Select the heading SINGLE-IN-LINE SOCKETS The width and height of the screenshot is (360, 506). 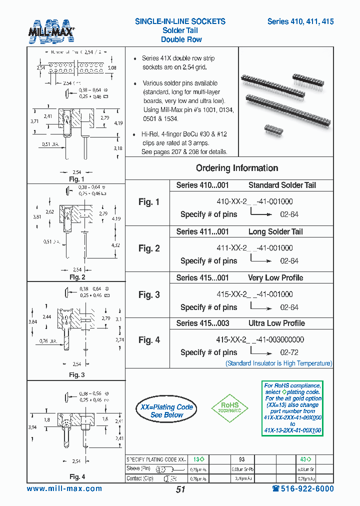180,21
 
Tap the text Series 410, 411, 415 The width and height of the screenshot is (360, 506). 300,21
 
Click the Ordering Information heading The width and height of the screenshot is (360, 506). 237,168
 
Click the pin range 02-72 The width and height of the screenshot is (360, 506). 289,352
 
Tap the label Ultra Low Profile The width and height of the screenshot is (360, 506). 276,323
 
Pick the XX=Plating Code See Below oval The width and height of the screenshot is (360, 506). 166,410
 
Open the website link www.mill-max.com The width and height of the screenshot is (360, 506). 64,489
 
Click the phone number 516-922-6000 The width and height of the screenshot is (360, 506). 302,489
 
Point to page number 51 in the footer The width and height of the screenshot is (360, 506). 180,489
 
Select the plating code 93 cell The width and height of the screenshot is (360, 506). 241,459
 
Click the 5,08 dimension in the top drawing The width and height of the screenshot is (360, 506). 112,67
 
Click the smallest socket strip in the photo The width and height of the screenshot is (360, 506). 273,129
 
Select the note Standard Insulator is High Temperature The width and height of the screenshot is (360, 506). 278,363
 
